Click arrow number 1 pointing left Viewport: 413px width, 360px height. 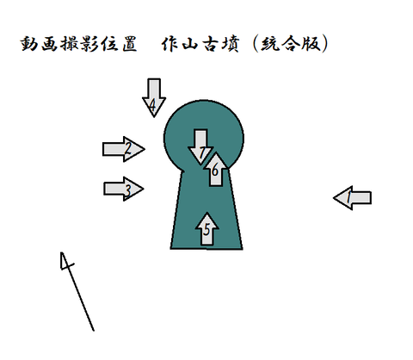353,198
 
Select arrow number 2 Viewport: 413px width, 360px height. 124,149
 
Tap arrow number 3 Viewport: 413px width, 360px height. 124,189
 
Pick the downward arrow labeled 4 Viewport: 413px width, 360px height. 154,97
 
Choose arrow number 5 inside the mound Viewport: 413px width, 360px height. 206,229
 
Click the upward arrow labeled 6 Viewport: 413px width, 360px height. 216,170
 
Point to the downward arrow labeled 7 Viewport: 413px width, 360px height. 200,147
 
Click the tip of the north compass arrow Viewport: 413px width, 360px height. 61,252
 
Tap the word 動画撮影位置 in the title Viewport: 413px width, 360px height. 78,44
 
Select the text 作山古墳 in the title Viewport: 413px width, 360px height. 200,44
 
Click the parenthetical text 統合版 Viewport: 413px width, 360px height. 291,44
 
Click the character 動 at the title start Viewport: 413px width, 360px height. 29,44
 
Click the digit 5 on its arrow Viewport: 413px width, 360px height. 206,230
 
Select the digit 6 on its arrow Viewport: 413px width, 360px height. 215,171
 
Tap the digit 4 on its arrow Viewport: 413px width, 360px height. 152,106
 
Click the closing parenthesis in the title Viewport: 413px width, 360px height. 324,44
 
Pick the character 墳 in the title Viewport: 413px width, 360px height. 230,44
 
